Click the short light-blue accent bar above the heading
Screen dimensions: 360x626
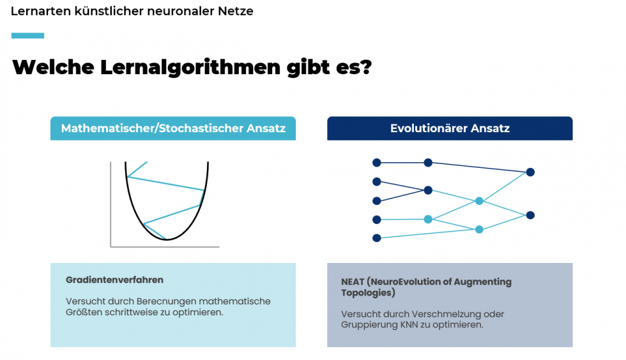coord(27,36)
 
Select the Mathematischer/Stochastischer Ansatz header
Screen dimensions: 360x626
coord(173,128)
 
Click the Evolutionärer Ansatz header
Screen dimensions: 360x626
coord(450,128)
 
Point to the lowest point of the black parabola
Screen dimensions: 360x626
coord(167,239)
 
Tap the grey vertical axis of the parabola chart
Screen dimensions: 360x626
coord(111,204)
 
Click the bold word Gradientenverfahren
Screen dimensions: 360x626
coord(114,280)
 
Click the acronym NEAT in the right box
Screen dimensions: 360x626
coord(353,281)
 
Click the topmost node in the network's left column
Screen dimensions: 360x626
coord(377,163)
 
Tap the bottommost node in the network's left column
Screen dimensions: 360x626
coord(377,238)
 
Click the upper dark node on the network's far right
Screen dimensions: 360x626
coord(530,172)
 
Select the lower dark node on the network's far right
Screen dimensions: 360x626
coord(530,215)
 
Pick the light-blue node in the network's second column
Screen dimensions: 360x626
coord(428,220)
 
